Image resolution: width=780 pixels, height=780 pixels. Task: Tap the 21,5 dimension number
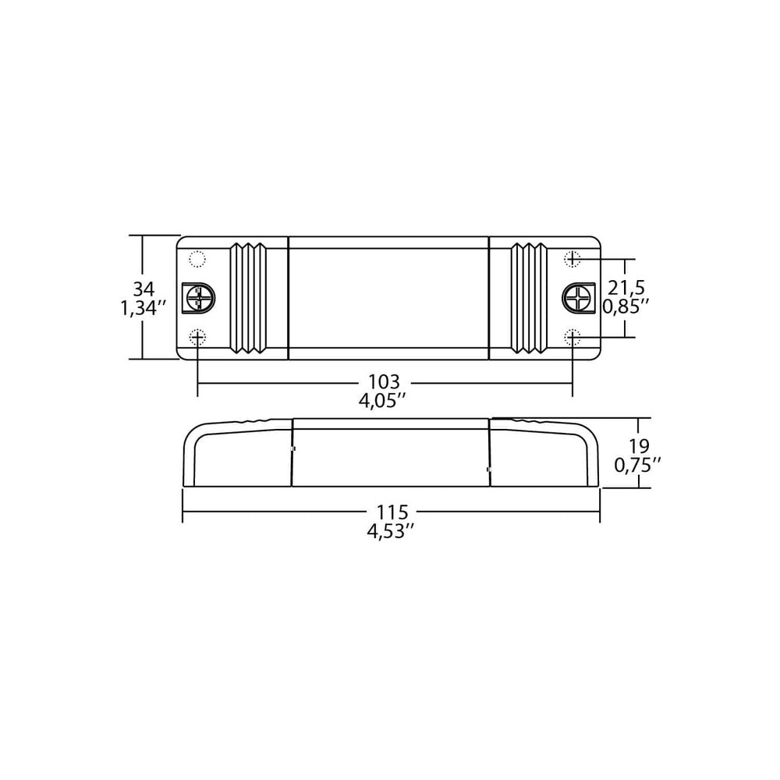coord(629,287)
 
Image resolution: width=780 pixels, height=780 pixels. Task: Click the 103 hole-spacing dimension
coord(384,382)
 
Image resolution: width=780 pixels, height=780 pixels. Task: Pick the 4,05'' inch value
coord(384,403)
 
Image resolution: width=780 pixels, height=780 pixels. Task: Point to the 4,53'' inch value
coord(392,533)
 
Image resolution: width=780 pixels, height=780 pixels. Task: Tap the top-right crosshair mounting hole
coord(573,257)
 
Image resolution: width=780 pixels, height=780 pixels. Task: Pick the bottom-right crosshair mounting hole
coord(573,336)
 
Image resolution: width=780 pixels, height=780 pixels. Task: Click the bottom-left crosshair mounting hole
coord(198,336)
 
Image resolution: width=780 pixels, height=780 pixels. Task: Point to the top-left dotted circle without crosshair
coord(197,258)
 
